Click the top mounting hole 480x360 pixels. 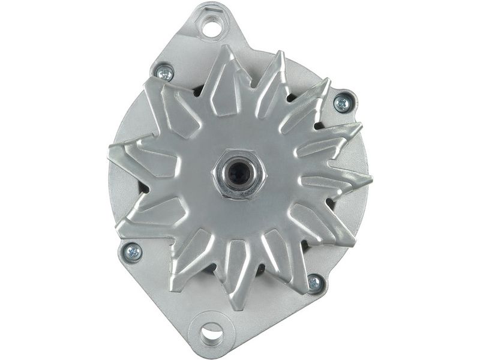(211, 26)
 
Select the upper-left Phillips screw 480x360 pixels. (164, 73)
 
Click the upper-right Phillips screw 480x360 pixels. (341, 103)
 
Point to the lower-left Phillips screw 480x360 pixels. (133, 251)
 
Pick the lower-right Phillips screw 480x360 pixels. (314, 282)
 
